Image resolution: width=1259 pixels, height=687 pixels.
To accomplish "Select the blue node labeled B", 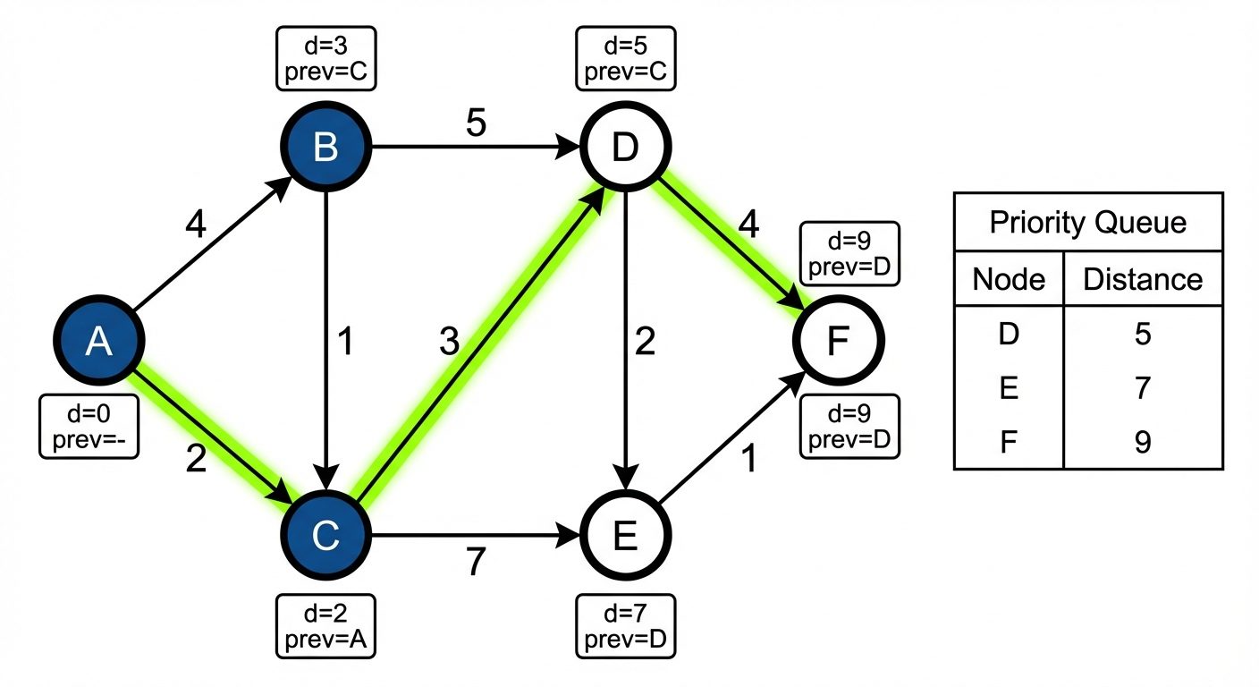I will [325, 148].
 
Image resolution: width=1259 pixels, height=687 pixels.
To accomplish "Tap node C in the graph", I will [325, 536].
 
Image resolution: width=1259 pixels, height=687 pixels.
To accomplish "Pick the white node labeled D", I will [625, 148].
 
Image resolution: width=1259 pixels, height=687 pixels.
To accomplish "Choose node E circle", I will [625, 536].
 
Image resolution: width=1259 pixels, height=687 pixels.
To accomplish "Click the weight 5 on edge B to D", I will [476, 124].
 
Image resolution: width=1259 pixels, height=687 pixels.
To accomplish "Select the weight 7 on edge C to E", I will [476, 562].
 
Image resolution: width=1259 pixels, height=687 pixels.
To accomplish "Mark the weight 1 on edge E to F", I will [749, 459].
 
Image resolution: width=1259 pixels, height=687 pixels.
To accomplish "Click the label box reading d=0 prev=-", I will [89, 428].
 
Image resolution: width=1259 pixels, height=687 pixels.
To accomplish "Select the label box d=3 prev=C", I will [325, 58].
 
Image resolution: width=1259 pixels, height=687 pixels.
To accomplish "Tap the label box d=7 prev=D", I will [625, 625].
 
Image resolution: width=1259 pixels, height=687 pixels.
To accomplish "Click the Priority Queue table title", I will [1087, 222].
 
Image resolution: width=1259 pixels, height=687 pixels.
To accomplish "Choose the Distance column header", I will [1142, 279].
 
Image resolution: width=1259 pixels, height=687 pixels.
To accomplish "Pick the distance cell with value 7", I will [1142, 388].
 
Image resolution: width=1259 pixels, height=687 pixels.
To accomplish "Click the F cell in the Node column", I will [1009, 442].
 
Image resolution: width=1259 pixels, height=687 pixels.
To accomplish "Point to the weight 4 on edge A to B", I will [194, 225].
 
